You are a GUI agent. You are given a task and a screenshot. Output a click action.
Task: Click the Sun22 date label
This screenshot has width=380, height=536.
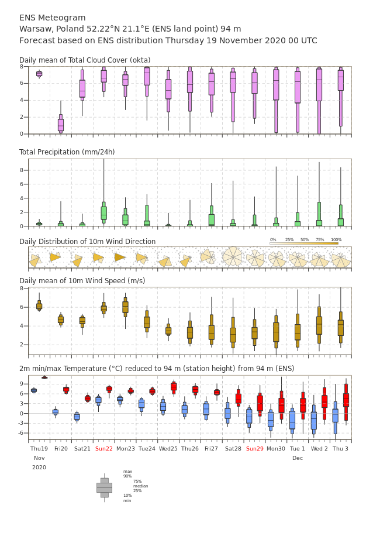[104, 448]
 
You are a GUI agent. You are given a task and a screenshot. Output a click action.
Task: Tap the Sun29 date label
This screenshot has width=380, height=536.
[255, 448]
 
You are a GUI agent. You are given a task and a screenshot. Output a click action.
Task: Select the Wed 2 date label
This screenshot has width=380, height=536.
[319, 448]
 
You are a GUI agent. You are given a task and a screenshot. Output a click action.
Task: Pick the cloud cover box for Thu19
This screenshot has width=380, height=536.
[39, 74]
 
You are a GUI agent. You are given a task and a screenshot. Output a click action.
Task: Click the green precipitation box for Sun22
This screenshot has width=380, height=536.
[104, 212]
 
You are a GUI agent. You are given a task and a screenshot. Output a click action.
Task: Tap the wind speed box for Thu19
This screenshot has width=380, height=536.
[39, 305]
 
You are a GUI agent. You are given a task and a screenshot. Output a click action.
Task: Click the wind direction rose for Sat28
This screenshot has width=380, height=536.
[233, 256]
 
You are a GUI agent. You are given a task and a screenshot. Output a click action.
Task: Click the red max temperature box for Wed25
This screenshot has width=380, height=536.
[174, 386]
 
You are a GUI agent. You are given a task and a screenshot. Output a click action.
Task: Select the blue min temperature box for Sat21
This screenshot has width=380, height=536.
[77, 417]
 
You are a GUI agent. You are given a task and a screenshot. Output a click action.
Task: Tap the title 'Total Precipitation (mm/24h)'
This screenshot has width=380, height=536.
[67, 152]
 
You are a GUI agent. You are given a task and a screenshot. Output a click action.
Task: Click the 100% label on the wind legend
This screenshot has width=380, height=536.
[336, 240]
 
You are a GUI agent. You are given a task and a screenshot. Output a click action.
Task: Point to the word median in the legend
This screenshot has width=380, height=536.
[141, 486]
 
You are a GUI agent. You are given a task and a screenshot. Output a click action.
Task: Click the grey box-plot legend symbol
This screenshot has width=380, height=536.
[105, 488]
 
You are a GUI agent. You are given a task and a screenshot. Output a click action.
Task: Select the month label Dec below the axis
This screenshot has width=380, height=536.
[298, 458]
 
